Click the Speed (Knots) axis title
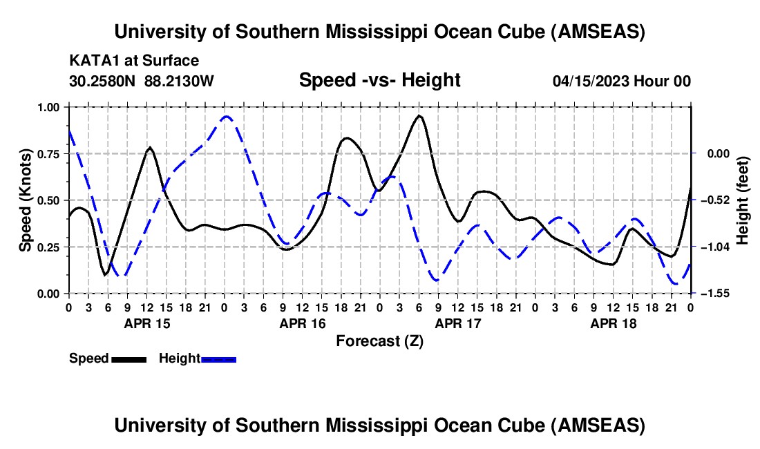(25, 200)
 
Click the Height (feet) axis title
(743, 200)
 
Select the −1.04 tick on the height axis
(714, 247)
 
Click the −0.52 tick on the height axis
(714, 200)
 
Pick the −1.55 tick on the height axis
(714, 294)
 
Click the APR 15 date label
(147, 323)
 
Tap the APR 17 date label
(458, 323)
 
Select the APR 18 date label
(614, 323)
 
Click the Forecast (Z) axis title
(379, 341)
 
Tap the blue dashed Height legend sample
(218, 359)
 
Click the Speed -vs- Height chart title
(379, 80)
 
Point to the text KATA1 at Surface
(134, 61)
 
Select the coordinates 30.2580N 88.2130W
(142, 81)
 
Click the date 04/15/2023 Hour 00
(622, 81)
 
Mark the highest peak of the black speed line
(419, 116)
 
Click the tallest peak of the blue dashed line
(225, 117)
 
